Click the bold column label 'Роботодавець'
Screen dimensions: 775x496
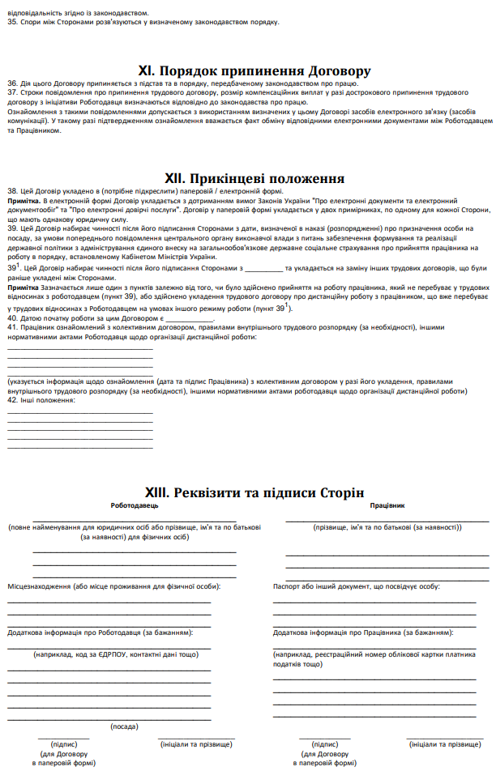click(135, 505)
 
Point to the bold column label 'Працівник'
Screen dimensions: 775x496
click(387, 505)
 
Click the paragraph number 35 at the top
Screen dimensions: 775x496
click(12, 22)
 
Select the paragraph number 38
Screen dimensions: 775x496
click(12, 191)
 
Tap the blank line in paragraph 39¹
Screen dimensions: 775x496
click(263, 267)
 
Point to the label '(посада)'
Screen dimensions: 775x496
click(124, 726)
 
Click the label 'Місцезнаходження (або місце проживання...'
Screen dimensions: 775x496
click(113, 586)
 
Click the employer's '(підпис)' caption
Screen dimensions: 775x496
click(64, 743)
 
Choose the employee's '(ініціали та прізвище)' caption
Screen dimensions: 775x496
click(445, 743)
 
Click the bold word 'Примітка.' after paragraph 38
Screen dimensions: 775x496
click(24, 199)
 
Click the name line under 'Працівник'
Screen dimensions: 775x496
click(387, 520)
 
